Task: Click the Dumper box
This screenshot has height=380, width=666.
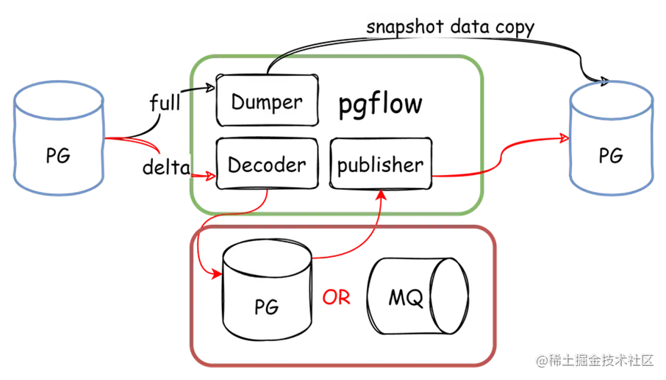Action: pos(267,101)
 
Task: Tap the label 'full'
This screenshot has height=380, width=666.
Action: pos(165,102)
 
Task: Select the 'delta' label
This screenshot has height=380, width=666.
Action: pos(165,168)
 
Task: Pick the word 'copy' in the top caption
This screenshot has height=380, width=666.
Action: pos(513,29)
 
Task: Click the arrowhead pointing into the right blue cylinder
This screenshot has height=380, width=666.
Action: pos(565,138)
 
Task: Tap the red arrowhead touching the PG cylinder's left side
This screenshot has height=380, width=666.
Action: pos(216,275)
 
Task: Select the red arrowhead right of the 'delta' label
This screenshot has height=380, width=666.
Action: pos(211,176)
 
